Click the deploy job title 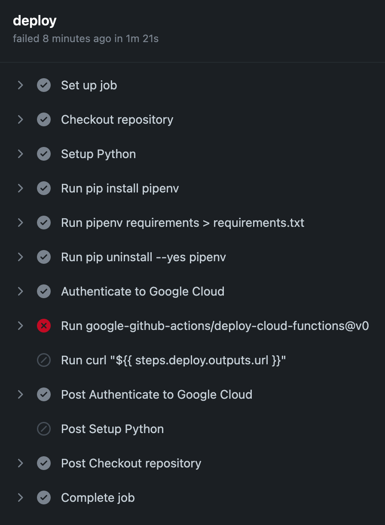34,20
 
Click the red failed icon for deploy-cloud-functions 44,326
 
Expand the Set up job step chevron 20,85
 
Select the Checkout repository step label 117,120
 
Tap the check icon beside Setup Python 44,154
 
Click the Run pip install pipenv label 120,189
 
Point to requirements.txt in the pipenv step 259,223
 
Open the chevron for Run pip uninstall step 20,257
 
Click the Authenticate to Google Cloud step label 143,292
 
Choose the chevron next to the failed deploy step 20,326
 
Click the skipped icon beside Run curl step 44,360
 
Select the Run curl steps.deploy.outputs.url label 174,360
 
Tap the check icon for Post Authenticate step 44,395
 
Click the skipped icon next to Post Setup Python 44,429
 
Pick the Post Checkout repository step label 131,464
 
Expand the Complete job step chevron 20,498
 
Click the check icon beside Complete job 44,498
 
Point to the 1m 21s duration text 142,39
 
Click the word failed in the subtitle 26,39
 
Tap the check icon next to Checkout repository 44,120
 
